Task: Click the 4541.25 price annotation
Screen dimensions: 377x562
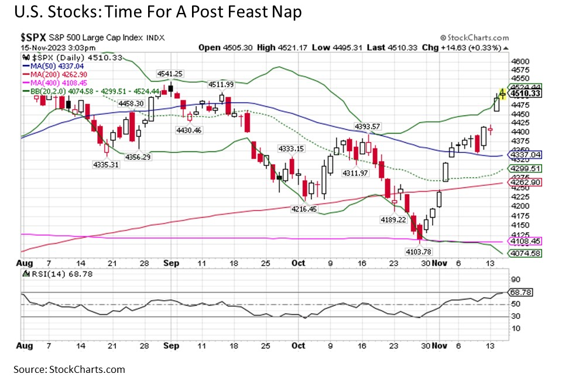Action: pyautogui.click(x=170, y=73)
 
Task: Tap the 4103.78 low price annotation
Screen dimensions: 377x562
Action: pyautogui.click(x=420, y=251)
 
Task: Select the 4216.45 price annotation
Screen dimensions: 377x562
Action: pyautogui.click(x=304, y=209)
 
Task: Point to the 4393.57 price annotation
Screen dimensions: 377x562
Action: pyautogui.click(x=368, y=126)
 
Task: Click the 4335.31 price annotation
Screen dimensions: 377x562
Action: pyautogui.click(x=107, y=165)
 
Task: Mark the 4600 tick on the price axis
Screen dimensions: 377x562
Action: pyautogui.click(x=520, y=61)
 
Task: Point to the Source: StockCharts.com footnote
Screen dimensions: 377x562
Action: pyautogui.click(x=63, y=369)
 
